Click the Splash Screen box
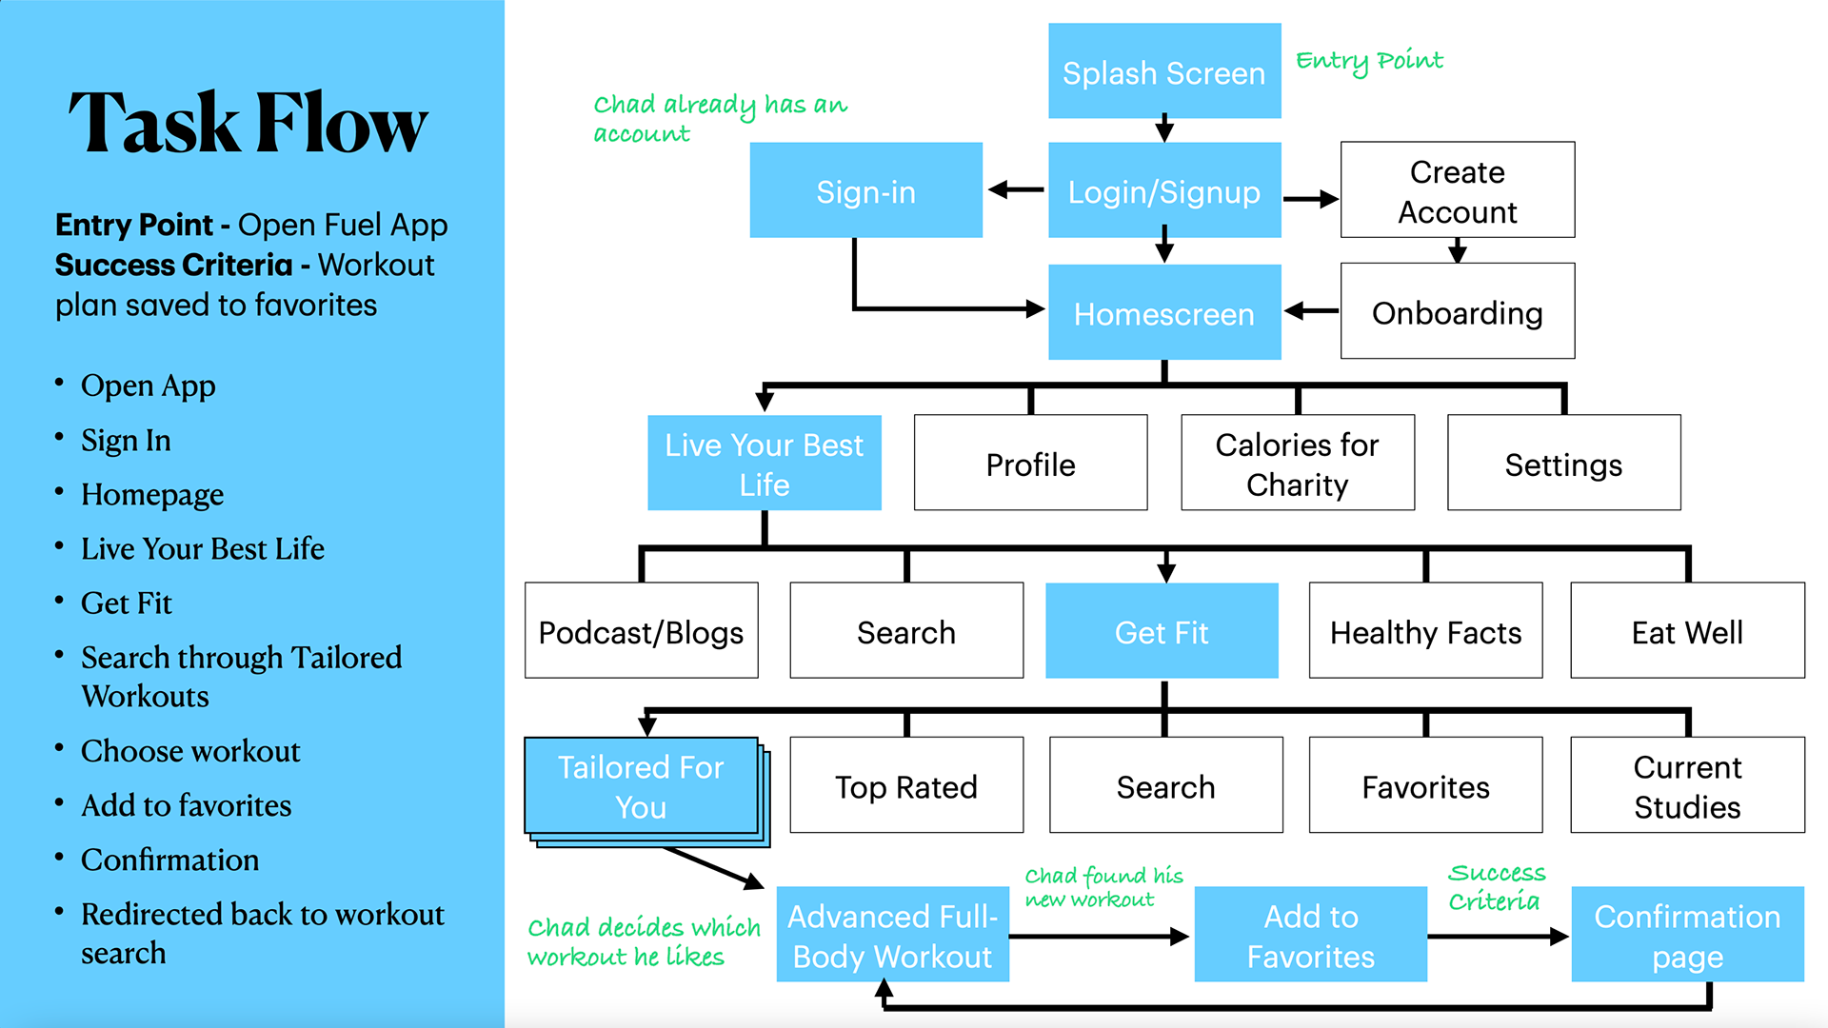click(1164, 71)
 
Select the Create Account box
click(1457, 190)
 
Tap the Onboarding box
click(1457, 311)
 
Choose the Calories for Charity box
click(1297, 464)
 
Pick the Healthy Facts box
click(1425, 631)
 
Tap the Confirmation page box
click(1687, 935)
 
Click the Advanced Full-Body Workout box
click(893, 935)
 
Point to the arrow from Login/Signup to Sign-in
click(1016, 190)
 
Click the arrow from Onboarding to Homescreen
click(1311, 311)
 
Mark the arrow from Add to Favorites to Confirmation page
click(1499, 937)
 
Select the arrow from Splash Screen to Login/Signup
click(1164, 129)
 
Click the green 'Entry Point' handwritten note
click(1369, 61)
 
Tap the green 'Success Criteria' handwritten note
click(1496, 886)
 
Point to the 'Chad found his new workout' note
click(1103, 886)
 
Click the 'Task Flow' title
click(248, 123)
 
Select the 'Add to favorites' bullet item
click(186, 805)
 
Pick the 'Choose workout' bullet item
click(190, 751)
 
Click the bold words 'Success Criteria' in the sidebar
click(173, 265)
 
